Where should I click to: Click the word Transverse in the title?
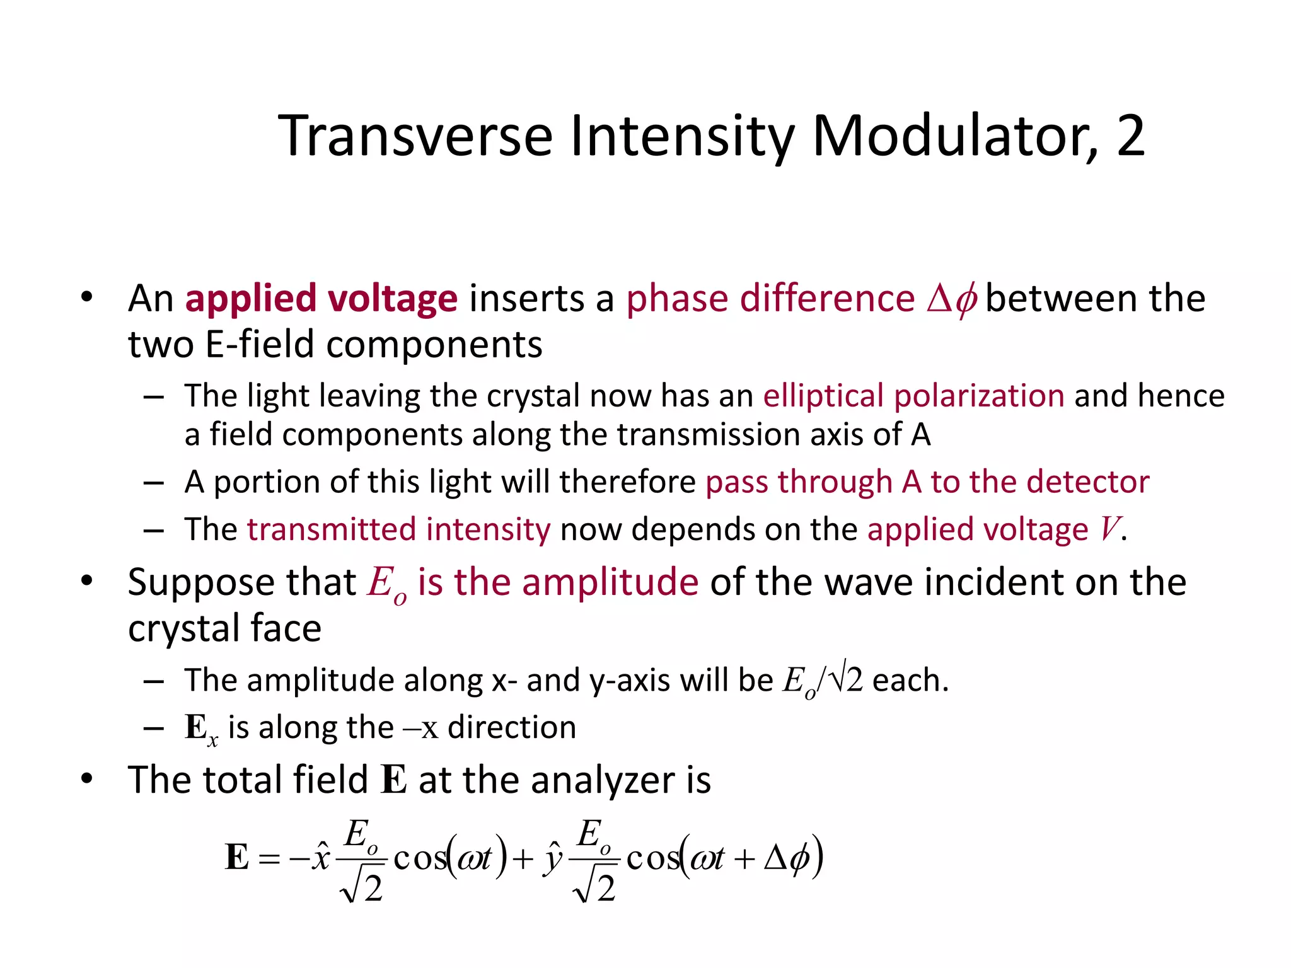click(x=415, y=135)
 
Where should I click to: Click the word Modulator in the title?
click(x=954, y=135)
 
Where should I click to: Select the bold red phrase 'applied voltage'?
click(x=321, y=298)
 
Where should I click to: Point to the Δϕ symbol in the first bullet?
click(x=952, y=299)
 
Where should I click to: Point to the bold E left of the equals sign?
click(x=237, y=857)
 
